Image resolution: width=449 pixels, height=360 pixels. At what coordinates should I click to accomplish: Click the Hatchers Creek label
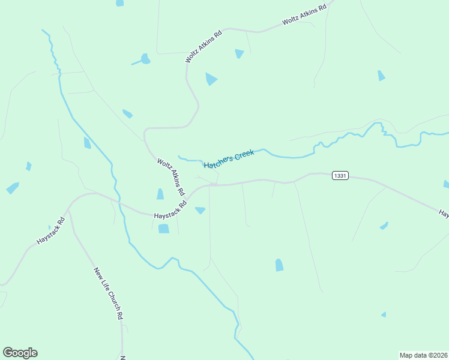229,159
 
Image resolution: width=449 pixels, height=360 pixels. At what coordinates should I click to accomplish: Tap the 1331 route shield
340,176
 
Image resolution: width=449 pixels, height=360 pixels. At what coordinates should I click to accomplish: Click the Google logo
20,353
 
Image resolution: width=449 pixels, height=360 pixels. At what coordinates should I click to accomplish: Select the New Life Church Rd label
109,293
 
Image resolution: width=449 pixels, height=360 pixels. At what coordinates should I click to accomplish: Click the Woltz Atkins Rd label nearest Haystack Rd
170,177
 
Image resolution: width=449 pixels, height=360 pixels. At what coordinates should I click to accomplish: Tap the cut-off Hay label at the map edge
444,213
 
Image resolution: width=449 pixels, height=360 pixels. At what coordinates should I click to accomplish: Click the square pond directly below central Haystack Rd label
163,229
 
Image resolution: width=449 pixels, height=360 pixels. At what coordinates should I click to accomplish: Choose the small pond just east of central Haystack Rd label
200,210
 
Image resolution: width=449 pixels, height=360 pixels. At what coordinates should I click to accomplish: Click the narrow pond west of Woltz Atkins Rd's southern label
160,194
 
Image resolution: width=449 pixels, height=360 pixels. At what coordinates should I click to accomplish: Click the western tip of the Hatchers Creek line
178,157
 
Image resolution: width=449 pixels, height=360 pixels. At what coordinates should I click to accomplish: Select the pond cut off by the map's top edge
119,3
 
